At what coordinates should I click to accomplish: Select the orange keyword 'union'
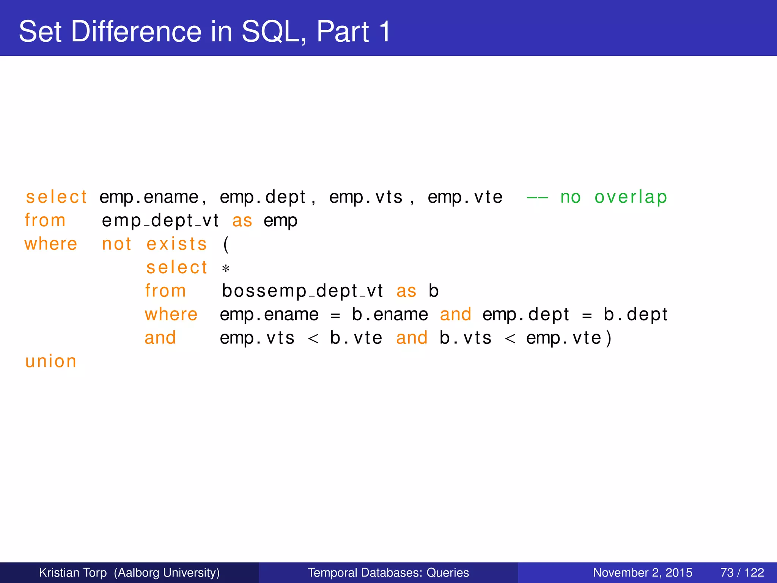pos(51,361)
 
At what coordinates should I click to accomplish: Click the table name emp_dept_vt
pos(160,221)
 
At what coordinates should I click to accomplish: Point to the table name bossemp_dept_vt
pos(302,291)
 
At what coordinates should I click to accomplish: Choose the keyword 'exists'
pos(177,244)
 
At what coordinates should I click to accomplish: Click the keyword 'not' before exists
pos(117,244)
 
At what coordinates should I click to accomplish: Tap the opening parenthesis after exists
pos(226,244)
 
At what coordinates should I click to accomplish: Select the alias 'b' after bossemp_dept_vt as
pos(434,291)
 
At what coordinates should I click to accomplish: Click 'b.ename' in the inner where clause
pos(390,315)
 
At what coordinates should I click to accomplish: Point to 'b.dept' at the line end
pos(635,315)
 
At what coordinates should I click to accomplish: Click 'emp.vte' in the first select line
pos(465,197)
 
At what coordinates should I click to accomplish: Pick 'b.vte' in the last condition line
pos(356,338)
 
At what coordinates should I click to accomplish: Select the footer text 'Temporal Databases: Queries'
pos(388,572)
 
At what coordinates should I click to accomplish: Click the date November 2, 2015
pos(642,572)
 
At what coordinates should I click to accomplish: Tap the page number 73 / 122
pos(742,572)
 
